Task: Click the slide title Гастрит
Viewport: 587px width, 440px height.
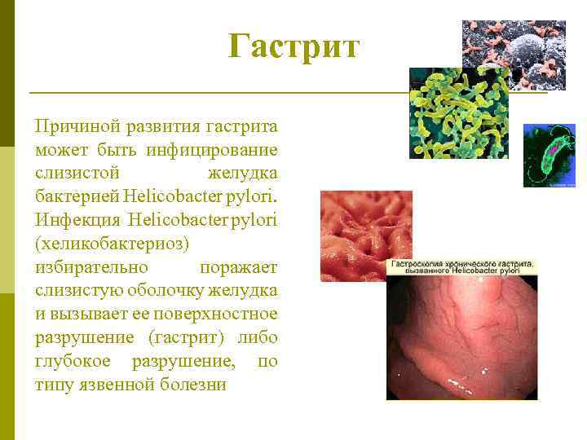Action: click(293, 46)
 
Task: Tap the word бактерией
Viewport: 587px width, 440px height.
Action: click(78, 197)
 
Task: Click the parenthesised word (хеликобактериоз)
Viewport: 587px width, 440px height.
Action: click(112, 244)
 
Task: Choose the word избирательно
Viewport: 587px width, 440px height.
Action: click(91, 267)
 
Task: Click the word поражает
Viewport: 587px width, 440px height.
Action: click(238, 267)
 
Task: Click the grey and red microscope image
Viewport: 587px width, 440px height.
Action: click(514, 54)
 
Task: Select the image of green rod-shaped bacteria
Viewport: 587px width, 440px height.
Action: click(457, 114)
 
